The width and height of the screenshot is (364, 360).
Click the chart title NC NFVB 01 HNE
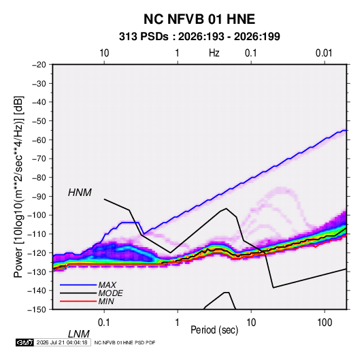click(199, 19)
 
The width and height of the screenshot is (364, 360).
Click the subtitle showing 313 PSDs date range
click(199, 37)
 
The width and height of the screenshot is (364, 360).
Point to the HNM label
click(80, 193)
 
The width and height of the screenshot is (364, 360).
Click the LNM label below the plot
click(78, 334)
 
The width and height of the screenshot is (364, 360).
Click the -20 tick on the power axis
click(39, 65)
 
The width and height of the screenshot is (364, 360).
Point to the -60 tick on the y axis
click(39, 140)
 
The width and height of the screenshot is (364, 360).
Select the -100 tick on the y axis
click(37, 215)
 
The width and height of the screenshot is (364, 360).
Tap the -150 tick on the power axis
click(37, 310)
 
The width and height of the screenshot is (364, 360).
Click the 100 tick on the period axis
click(325, 323)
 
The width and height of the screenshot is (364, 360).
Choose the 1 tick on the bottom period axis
click(178, 323)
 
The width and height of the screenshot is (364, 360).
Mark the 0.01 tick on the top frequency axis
click(324, 53)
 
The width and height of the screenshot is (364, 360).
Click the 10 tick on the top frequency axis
click(104, 53)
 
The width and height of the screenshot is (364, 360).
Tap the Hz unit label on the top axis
click(214, 53)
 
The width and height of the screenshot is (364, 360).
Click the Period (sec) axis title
click(214, 330)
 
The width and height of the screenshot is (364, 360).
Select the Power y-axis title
click(18, 187)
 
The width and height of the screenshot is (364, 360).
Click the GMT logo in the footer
click(24, 342)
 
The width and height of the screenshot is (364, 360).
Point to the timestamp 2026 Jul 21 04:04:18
click(62, 342)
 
